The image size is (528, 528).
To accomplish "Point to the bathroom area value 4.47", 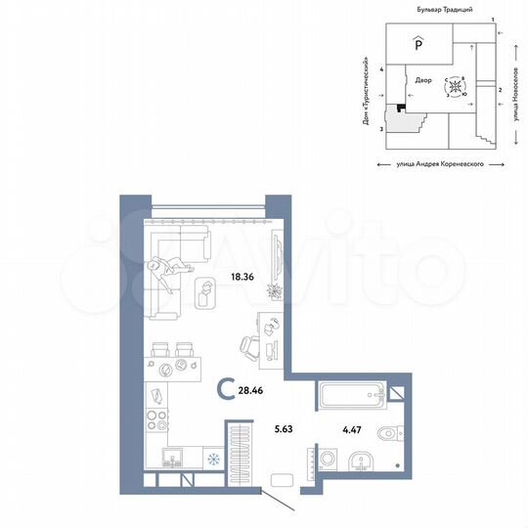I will (350, 426).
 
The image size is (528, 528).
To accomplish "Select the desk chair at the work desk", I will (248, 345).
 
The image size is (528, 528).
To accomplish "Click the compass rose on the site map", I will (456, 88).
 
